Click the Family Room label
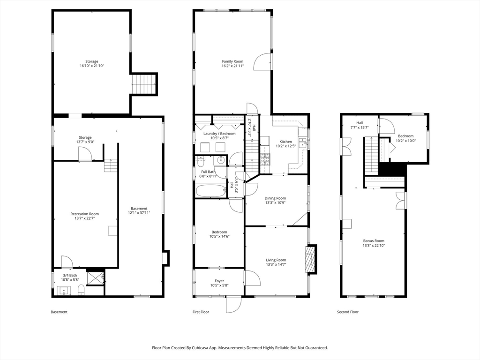pyautogui.click(x=232, y=61)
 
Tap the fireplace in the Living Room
pyautogui.click(x=310, y=259)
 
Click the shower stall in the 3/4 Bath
pyautogui.click(x=96, y=278)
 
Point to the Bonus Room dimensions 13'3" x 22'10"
pyautogui.click(x=374, y=245)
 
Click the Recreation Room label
pyautogui.click(x=84, y=214)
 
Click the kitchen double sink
pyautogui.click(x=303, y=142)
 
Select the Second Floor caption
pyautogui.click(x=348, y=312)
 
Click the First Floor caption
pyautogui.click(x=201, y=312)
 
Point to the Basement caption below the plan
pyautogui.click(x=59, y=312)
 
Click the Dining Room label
pyautogui.click(x=276, y=198)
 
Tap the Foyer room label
pyautogui.click(x=219, y=281)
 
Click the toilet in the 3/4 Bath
pyautogui.click(x=81, y=289)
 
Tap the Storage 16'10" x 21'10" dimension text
pyautogui.click(x=92, y=66)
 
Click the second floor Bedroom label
pyautogui.click(x=405, y=136)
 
